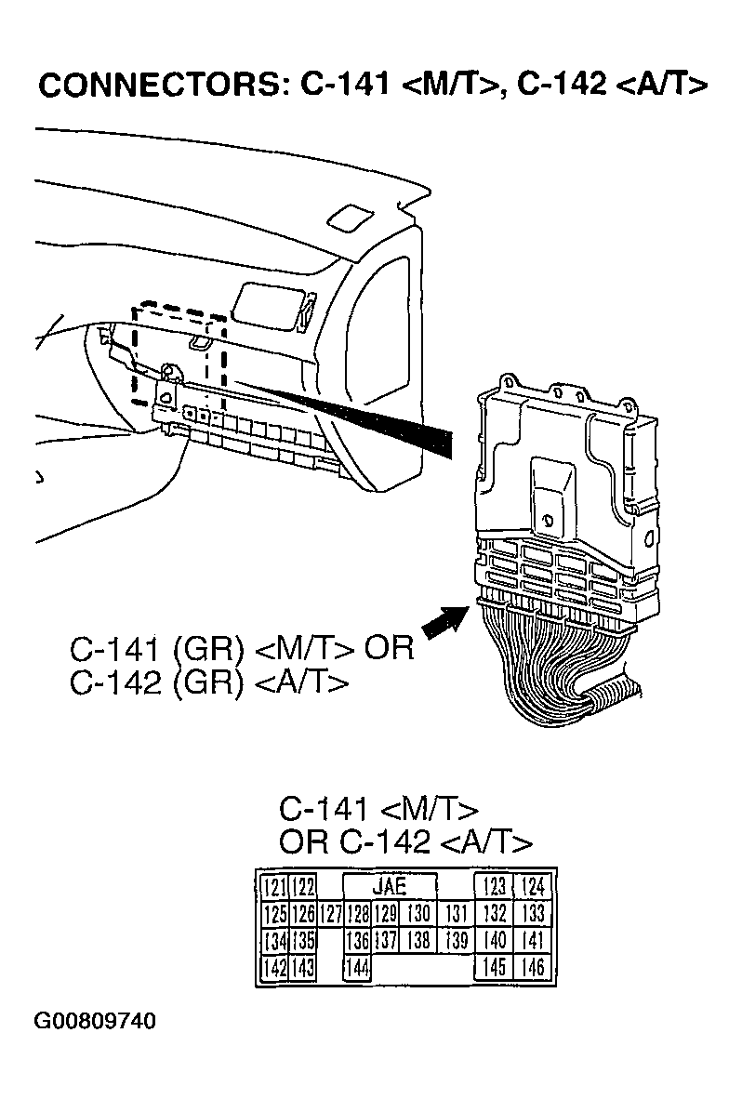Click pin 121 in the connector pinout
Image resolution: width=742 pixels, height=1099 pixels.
coord(274,886)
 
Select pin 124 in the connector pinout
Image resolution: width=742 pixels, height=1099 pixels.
coord(533,886)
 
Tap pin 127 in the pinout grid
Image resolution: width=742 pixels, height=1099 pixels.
coord(331,914)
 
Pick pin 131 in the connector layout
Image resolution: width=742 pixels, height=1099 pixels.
coord(456,914)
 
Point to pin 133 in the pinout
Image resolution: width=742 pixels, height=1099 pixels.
coord(533,914)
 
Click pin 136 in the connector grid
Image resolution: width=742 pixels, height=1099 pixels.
coord(358,941)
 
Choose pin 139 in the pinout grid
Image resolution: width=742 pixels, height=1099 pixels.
coord(456,941)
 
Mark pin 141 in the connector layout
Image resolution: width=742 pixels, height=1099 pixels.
coord(533,941)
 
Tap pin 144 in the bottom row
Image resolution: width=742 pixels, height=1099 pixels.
coord(358,969)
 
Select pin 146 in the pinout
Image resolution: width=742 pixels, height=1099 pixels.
coord(533,969)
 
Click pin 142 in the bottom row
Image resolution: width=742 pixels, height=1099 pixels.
coord(274,969)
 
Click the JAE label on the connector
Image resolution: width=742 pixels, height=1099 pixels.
coord(390,886)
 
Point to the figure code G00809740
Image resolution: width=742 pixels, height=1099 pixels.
coord(96,1022)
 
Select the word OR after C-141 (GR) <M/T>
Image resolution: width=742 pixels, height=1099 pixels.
coord(388,647)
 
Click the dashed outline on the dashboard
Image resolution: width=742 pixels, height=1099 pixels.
coord(179,351)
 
